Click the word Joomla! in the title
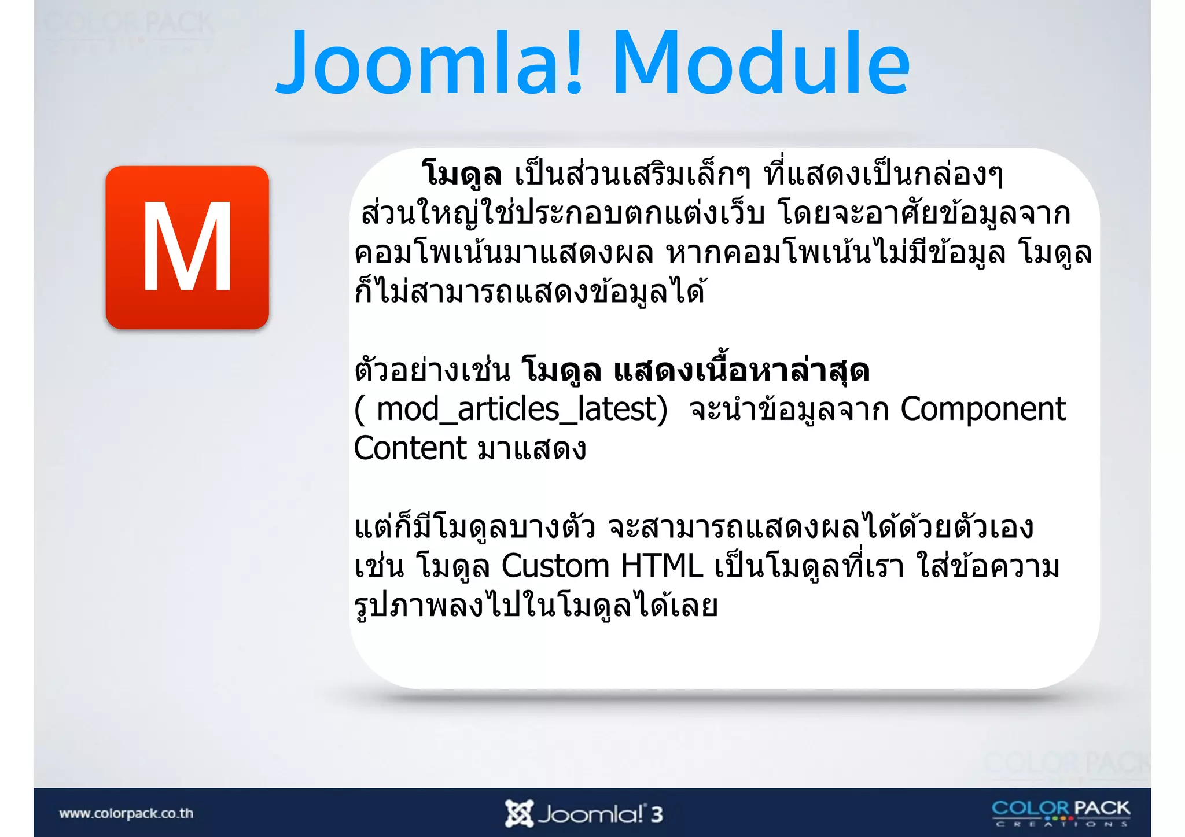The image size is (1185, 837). [428, 62]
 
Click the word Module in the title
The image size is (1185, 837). [761, 62]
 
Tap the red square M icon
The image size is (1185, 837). [187, 248]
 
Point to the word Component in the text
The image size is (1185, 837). [982, 410]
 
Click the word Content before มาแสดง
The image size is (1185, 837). [410, 448]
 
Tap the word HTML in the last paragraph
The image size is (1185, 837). [661, 566]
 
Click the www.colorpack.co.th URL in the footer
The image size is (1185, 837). [126, 813]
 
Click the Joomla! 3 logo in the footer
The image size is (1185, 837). [583, 814]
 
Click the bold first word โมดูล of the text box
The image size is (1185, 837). [462, 174]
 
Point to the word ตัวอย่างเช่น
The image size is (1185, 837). [432, 370]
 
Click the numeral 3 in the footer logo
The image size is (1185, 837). [656, 814]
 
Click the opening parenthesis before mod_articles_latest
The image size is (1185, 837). [360, 410]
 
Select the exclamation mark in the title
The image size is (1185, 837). [573, 62]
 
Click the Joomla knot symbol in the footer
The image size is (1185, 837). [518, 814]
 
